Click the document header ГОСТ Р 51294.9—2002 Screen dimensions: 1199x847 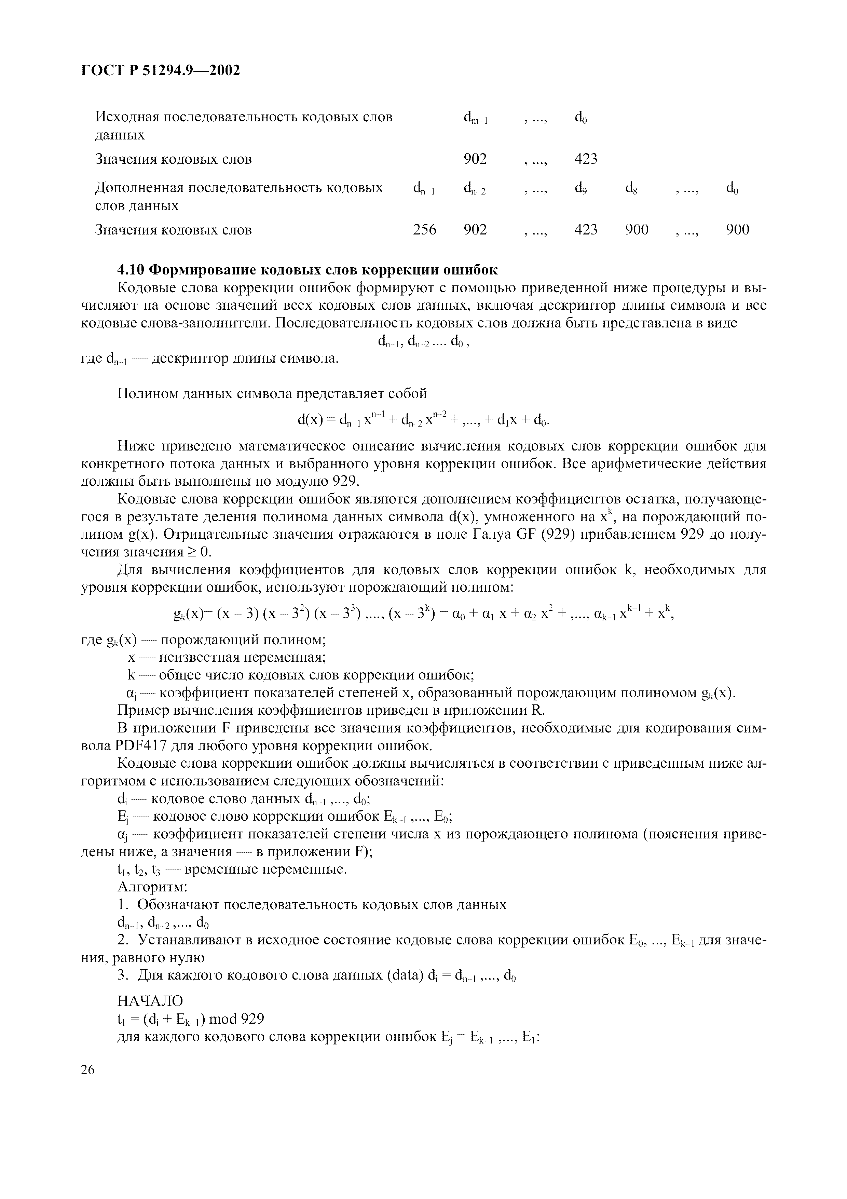click(x=161, y=70)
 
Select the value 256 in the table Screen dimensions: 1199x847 click(x=424, y=229)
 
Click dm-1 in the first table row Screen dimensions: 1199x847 click(x=475, y=118)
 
